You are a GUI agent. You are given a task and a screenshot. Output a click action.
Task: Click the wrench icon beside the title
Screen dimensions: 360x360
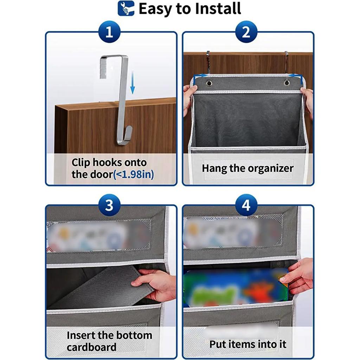[126, 8]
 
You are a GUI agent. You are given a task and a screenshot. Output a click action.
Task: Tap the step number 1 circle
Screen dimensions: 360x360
[109, 33]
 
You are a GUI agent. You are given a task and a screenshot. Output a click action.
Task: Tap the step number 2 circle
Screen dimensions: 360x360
[246, 33]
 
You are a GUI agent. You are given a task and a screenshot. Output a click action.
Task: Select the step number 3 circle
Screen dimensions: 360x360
[109, 205]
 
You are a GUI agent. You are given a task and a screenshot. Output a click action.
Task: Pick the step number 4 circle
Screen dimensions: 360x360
[246, 205]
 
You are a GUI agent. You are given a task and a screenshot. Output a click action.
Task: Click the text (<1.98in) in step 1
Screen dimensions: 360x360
[134, 174]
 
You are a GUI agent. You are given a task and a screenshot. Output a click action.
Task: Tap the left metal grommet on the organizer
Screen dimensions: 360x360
[209, 83]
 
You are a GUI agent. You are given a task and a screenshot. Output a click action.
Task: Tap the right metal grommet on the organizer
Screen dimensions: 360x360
[287, 83]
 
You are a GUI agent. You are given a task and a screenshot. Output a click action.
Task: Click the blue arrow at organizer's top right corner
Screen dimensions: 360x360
[295, 75]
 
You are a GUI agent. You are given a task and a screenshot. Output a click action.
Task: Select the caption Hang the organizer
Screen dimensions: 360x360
[247, 168]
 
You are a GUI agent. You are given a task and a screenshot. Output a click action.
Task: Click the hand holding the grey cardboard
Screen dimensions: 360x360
[155, 284]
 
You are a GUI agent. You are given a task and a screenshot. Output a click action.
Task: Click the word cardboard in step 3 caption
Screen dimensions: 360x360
[91, 347]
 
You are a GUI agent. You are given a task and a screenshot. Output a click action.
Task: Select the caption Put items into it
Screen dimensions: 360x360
[248, 344]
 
